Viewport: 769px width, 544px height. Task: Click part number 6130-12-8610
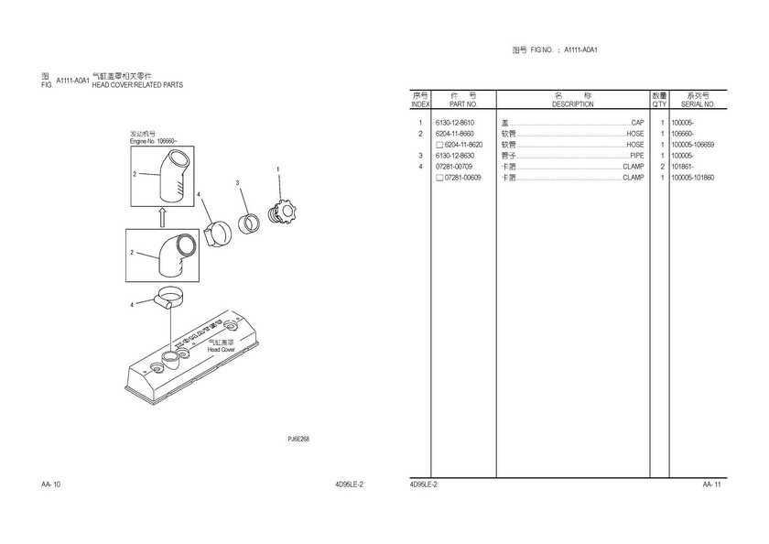(455, 123)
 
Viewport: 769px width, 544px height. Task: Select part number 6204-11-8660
(455, 134)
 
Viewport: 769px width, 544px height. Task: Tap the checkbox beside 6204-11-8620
(440, 145)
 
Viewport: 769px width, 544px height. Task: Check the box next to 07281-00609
(440, 178)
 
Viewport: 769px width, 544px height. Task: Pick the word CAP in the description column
(637, 123)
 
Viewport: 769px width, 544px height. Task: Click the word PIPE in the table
(637, 156)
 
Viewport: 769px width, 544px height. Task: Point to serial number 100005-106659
(692, 145)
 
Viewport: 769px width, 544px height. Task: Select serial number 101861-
(682, 167)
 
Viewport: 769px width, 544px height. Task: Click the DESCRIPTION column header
(573, 104)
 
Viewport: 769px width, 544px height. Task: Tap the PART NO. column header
(463, 104)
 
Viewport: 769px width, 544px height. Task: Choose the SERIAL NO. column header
(698, 104)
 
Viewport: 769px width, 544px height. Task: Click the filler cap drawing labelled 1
(282, 214)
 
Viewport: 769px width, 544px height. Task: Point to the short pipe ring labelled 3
(249, 223)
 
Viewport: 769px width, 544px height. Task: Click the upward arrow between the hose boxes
(162, 217)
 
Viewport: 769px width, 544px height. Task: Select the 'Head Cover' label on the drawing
(221, 350)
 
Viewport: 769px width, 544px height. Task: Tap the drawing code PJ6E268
(298, 439)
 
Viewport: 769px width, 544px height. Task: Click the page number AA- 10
(51, 484)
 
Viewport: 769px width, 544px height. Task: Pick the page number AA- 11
(711, 484)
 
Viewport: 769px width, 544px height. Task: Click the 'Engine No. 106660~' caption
(154, 141)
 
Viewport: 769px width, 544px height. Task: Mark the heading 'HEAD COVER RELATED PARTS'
(137, 85)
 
